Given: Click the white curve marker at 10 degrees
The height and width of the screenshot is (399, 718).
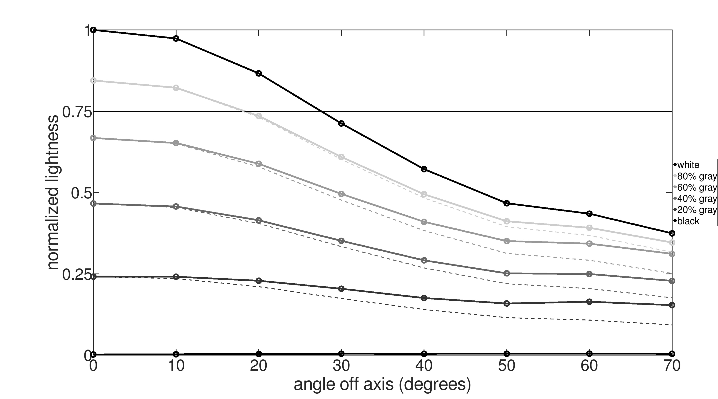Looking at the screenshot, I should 176,39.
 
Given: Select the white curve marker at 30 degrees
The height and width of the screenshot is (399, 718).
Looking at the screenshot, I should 341,123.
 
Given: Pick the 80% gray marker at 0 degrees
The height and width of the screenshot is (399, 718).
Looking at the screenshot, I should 94,81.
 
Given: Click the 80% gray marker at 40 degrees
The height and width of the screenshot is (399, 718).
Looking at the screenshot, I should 424,194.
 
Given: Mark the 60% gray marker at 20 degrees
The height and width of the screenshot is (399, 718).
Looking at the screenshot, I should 259,164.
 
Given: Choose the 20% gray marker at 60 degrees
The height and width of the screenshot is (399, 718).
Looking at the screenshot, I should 589,302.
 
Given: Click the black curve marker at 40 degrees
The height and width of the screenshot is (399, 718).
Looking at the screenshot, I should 424,354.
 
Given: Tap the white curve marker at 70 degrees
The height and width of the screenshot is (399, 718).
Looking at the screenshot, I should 672,233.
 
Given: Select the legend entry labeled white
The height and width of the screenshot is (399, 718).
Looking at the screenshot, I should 688,165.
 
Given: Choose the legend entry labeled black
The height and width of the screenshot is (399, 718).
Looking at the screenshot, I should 688,221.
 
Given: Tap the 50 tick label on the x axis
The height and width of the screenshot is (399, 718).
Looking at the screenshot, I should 507,366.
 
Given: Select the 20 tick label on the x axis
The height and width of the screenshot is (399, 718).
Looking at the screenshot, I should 259,366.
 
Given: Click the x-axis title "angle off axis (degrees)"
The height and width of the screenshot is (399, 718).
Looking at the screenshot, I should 382,384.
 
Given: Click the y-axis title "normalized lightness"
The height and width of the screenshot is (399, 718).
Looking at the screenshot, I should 53,192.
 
